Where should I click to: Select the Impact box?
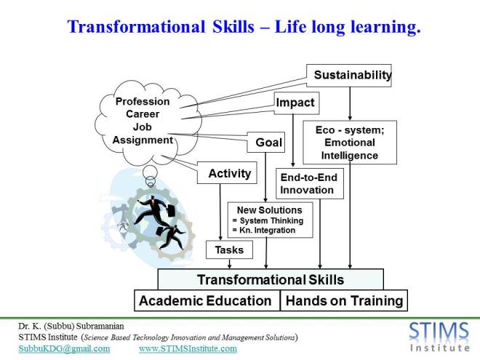[295, 103]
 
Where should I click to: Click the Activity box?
[229, 173]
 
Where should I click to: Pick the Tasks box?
[229, 250]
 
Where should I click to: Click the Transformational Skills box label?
[271, 279]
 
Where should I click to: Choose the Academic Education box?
[205, 300]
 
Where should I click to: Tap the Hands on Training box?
[343, 300]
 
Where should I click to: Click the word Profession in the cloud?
[143, 101]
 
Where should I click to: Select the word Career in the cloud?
[143, 114]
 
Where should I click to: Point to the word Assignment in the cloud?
[143, 140]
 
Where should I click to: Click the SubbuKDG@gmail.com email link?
[64, 348]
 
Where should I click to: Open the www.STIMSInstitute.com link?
[188, 348]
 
